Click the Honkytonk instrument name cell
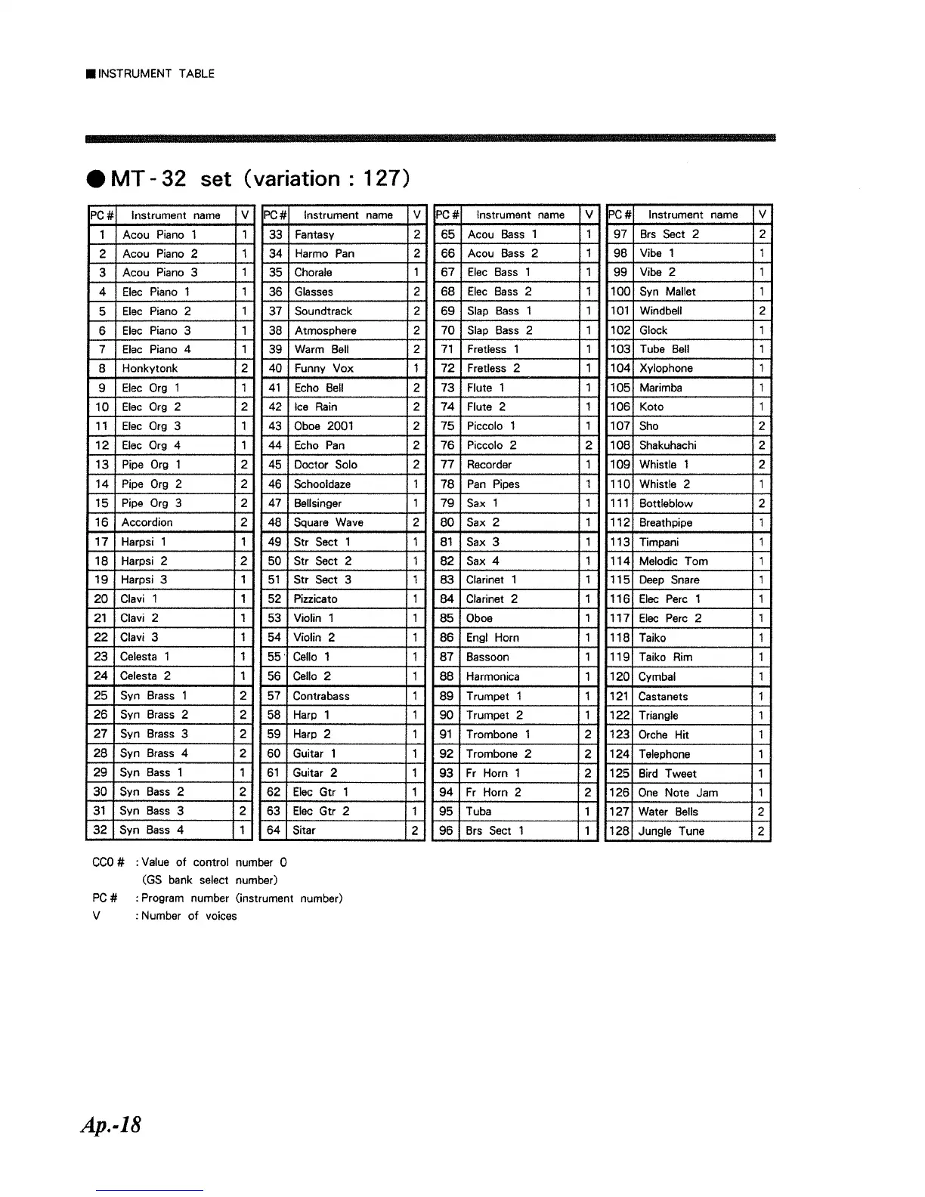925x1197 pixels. (x=150, y=369)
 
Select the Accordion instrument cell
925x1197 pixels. (x=147, y=522)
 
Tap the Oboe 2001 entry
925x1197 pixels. (x=323, y=426)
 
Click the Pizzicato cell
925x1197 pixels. (x=315, y=599)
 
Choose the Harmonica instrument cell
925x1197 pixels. (x=493, y=677)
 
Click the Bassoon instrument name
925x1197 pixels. (x=487, y=657)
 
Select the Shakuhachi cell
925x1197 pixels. (x=667, y=446)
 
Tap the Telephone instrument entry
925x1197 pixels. (x=664, y=754)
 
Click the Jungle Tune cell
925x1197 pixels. (x=671, y=831)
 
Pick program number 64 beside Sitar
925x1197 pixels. (x=274, y=830)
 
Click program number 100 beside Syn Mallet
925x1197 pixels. (x=620, y=292)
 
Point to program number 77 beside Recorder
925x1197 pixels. (x=447, y=465)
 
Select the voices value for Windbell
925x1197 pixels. (x=763, y=311)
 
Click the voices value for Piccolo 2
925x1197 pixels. (x=588, y=446)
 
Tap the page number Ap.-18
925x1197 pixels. (x=111, y=1125)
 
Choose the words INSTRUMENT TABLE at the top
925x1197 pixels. (x=156, y=74)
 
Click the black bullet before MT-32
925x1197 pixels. (x=96, y=179)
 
